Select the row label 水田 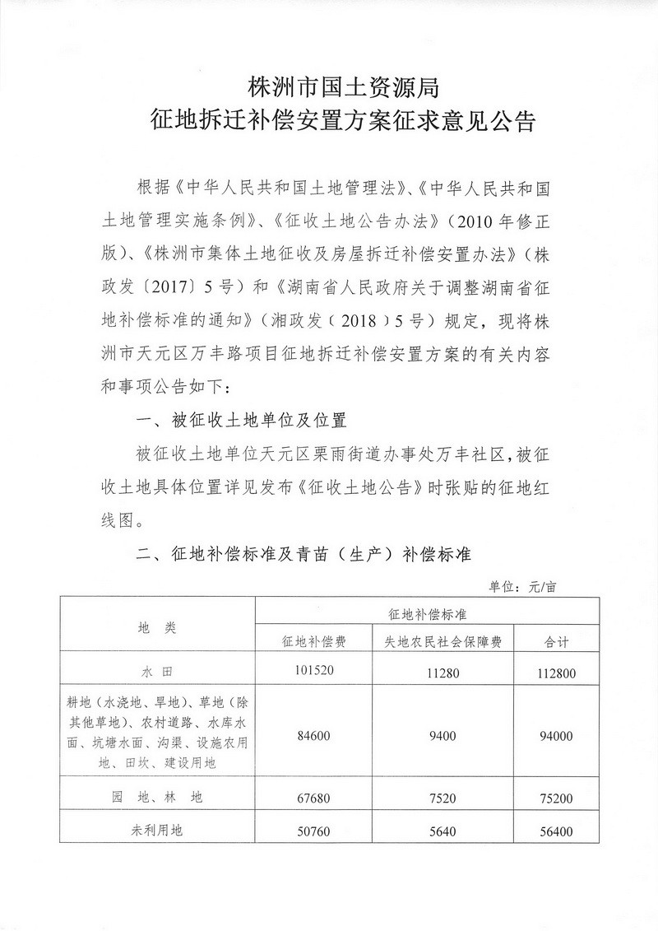(155, 672)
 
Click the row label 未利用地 (155, 831)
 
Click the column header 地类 (155, 627)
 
